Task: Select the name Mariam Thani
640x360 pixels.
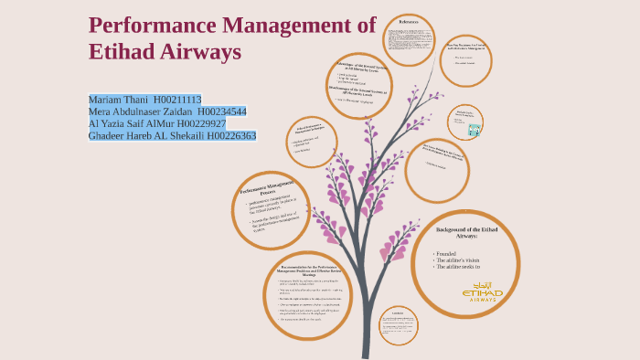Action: [118, 100]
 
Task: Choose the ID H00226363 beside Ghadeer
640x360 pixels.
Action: [231, 135]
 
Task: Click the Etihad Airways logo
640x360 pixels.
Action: [483, 291]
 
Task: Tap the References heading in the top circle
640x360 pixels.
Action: [409, 21]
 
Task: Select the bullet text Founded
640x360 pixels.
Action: [446, 254]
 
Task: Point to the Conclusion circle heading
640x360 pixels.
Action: [398, 312]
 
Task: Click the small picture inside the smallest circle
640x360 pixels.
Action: [474, 130]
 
